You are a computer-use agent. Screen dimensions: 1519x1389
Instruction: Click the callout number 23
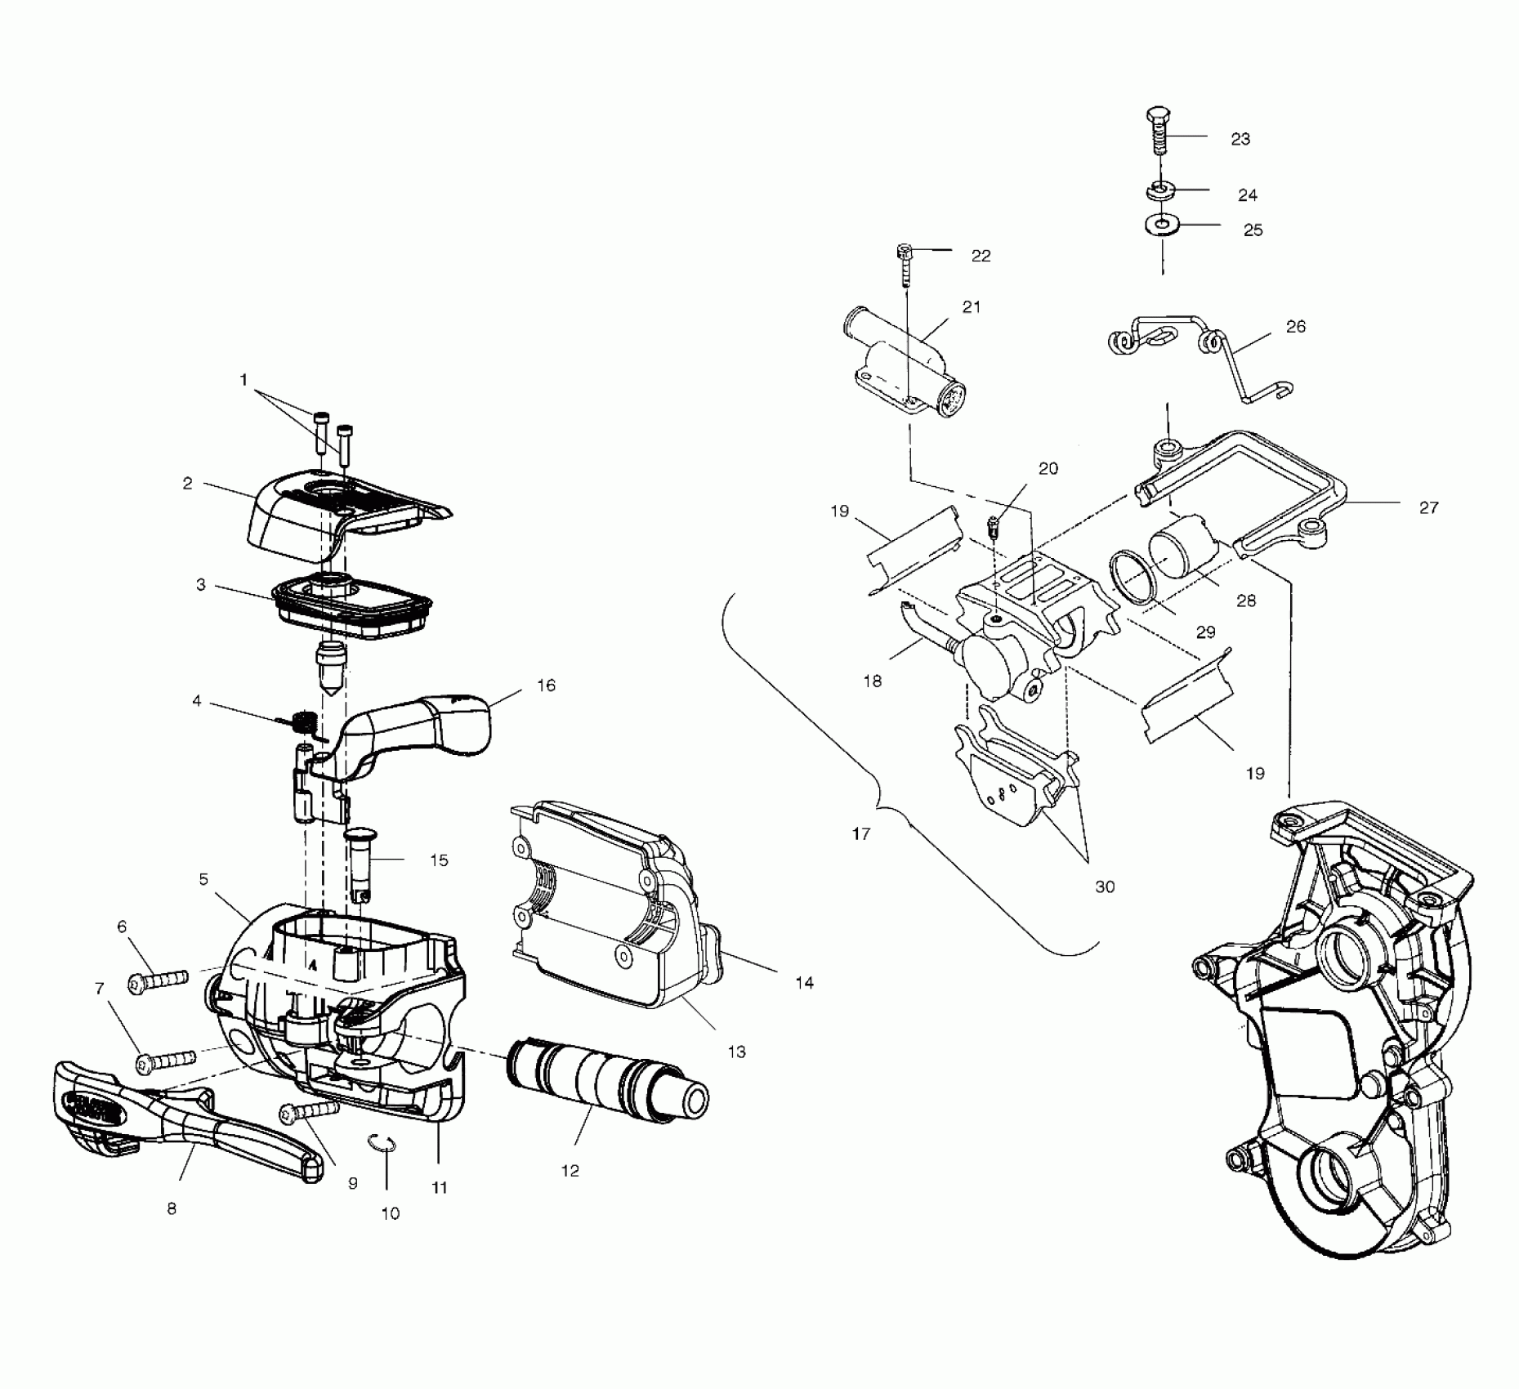click(x=1240, y=140)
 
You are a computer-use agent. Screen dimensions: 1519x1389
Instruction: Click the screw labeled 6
click(x=159, y=978)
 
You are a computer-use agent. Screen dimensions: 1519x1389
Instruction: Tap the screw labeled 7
click(x=167, y=1060)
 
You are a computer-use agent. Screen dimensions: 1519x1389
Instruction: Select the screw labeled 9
click(x=310, y=1111)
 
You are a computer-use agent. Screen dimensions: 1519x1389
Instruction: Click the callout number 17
click(x=861, y=834)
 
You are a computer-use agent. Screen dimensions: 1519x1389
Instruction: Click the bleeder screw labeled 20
click(x=995, y=526)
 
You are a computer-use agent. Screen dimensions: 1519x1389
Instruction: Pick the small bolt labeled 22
click(x=905, y=262)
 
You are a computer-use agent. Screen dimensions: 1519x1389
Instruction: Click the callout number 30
click(x=1105, y=887)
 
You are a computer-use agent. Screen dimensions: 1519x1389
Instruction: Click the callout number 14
click(x=805, y=983)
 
